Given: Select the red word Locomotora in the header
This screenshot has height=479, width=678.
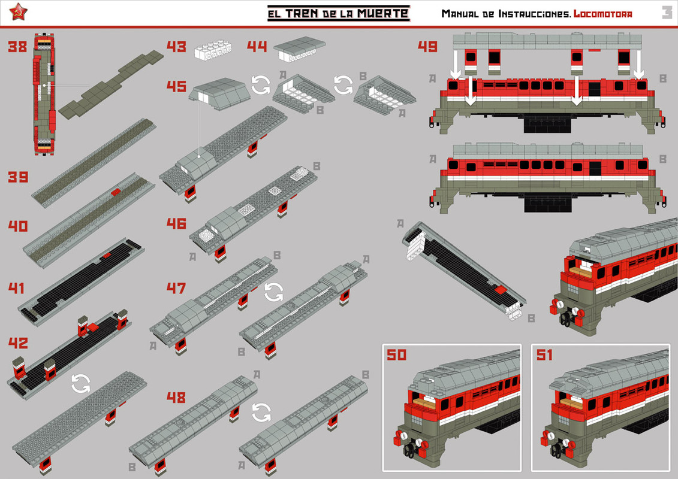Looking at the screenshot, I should tap(602, 14).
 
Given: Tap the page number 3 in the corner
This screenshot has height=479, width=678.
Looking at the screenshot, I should tap(667, 13).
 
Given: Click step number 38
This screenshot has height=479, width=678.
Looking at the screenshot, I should tap(17, 47).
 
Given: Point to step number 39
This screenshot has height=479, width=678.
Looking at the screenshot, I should tap(17, 177).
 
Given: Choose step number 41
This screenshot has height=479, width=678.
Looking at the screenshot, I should tap(17, 289).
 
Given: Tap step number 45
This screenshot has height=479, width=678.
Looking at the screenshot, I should tap(176, 86).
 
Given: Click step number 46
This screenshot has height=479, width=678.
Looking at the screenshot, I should tap(176, 224).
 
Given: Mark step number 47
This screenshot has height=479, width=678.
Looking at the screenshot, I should tap(176, 289).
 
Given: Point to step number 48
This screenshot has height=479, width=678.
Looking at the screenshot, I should tap(176, 398).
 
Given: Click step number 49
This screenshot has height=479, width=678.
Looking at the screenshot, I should tap(427, 47).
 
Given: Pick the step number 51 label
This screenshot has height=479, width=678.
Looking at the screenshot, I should tap(544, 355).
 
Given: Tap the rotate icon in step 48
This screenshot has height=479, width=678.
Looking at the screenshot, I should tap(261, 412).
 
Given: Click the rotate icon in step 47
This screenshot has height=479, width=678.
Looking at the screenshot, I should tap(274, 292).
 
